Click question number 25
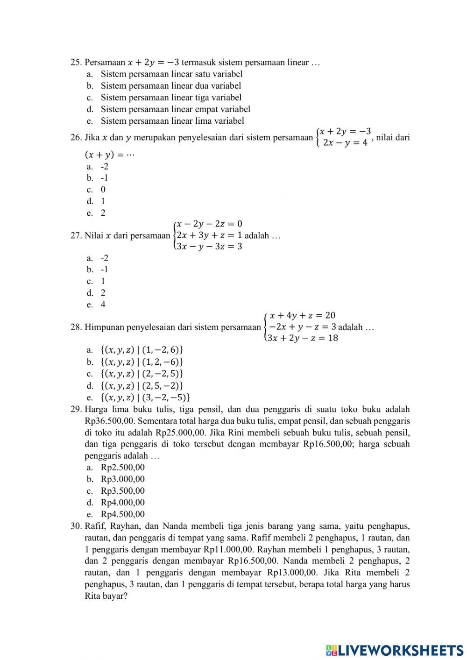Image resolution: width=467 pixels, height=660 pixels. coord(76,63)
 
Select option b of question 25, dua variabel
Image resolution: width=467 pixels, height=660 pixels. coord(170,86)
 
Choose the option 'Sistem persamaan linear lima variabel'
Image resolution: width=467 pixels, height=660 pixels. coord(172,121)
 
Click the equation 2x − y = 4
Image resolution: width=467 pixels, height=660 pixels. coord(345,143)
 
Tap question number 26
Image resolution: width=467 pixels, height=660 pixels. coord(76,138)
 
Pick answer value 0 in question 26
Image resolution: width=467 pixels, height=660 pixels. coord(103,190)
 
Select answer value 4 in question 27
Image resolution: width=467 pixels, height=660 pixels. coord(103,305)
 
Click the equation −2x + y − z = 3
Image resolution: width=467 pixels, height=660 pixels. coord(302,327)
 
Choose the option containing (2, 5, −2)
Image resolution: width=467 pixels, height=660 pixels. coord(142,386)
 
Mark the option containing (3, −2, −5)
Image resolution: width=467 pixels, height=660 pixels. coord(145,398)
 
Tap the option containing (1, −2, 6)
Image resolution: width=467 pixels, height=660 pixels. coord(142,350)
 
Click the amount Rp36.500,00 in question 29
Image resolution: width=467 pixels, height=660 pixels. coord(110,421)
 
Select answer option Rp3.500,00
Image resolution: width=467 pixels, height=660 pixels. coord(123,491)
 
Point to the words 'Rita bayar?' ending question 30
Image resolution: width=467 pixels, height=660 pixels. coord(106,596)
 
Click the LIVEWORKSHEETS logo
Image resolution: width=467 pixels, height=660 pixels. coord(395,650)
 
